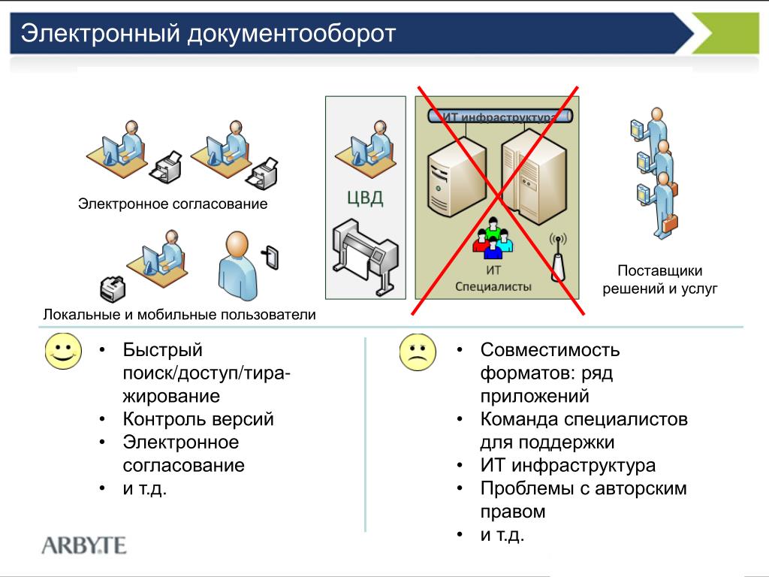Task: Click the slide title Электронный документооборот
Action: point(207,34)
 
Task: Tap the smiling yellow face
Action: point(63,352)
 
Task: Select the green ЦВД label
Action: point(365,198)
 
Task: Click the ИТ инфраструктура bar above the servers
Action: point(499,116)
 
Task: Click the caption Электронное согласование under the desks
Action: point(173,204)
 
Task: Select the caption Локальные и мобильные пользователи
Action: point(179,315)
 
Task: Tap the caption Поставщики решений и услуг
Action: point(660,279)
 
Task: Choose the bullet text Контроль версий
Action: point(198,419)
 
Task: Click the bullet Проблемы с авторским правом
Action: point(584,500)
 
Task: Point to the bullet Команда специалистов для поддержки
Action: point(584,430)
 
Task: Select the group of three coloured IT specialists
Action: point(493,237)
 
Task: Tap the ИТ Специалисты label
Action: point(493,279)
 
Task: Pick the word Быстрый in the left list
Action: point(163,350)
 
